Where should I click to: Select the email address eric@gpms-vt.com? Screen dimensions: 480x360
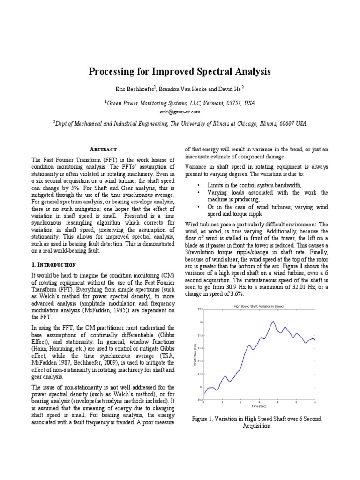[180, 112]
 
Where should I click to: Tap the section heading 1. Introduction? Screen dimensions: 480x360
[53, 265]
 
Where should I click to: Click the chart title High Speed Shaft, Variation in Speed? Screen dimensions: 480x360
[258, 306]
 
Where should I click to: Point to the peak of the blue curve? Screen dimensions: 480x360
[272, 322]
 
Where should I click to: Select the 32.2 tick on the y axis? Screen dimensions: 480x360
[200, 310]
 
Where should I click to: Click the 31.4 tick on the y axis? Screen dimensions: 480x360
[200, 361]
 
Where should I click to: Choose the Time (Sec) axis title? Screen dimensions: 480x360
[259, 406]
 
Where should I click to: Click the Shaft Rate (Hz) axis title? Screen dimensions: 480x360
[195, 355]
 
